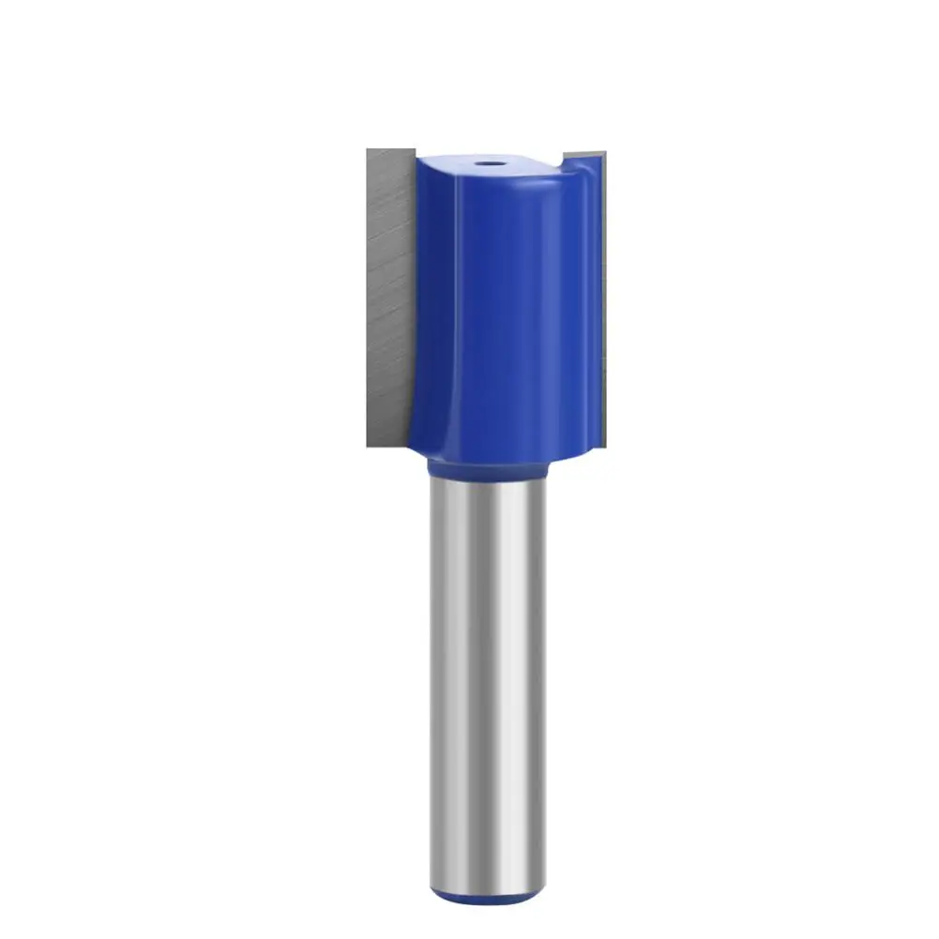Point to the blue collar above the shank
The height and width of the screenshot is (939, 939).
click(x=487, y=466)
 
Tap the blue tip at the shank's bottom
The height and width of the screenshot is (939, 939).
click(x=487, y=899)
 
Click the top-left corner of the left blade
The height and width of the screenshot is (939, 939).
click(x=369, y=149)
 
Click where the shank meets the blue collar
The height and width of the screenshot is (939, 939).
click(x=487, y=477)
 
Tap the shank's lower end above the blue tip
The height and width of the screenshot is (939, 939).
click(x=487, y=882)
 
